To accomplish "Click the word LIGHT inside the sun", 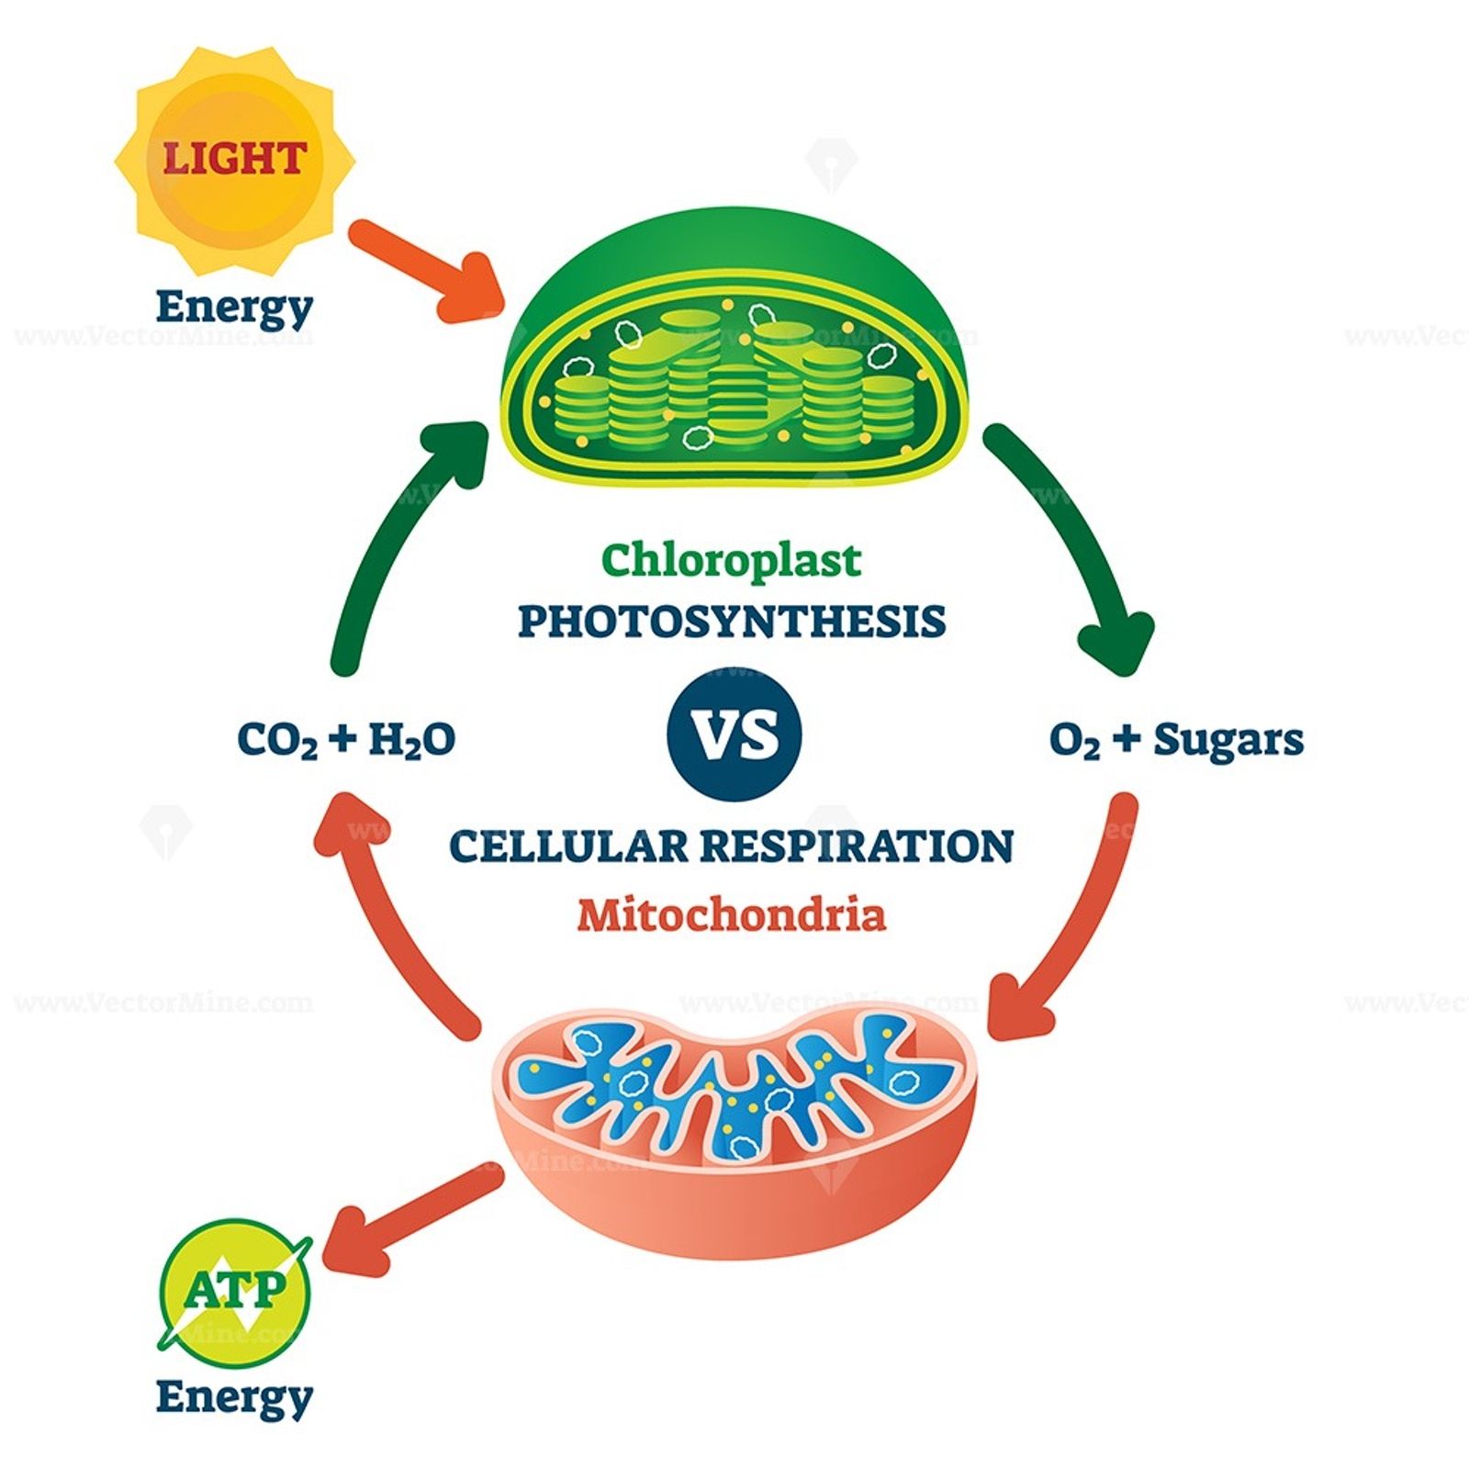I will [234, 158].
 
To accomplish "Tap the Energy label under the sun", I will [234, 307].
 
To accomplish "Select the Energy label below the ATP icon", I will [234, 1396].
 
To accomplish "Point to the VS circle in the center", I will [734, 734].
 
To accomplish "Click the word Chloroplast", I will [732, 560].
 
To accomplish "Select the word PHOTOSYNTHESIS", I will [732, 622].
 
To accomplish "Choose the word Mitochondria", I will [732, 914].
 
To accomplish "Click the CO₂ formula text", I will [277, 740].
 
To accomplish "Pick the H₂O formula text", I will [411, 740].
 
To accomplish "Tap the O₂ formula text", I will [1074, 740].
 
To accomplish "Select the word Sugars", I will [1228, 740].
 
